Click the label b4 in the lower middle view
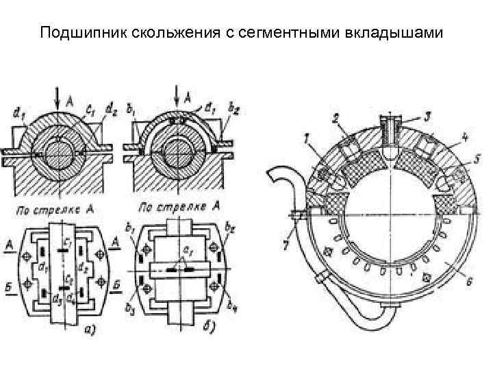pos(235,302)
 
